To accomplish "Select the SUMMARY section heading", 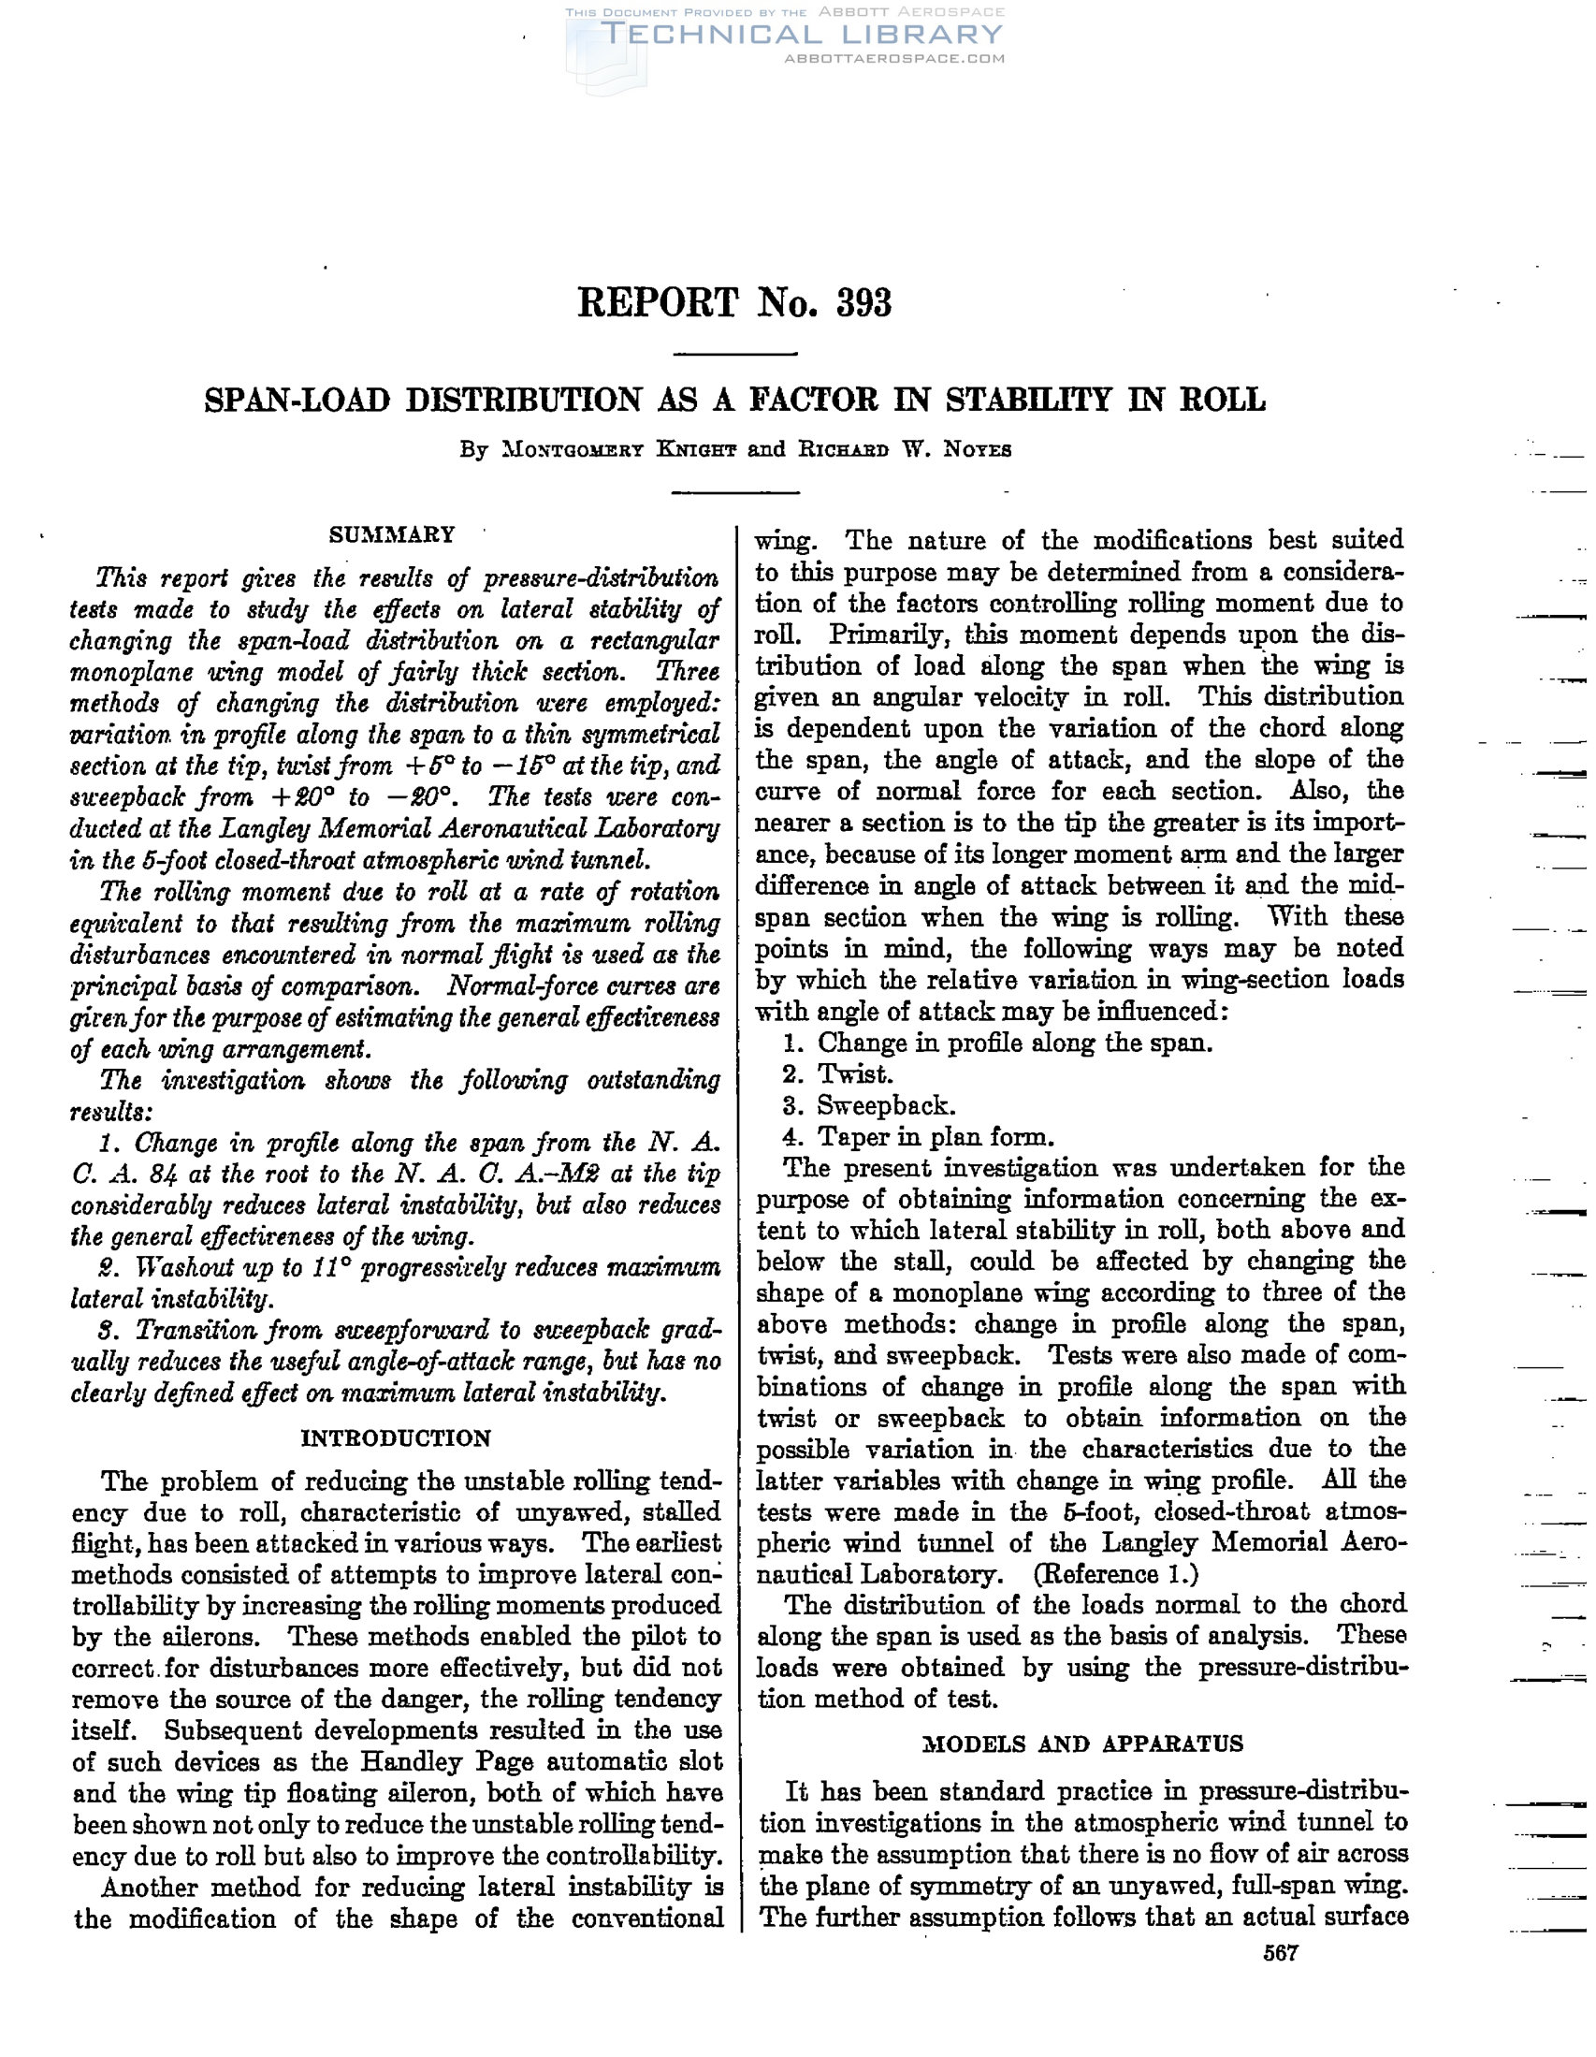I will (392, 535).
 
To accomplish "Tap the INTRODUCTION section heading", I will (396, 1438).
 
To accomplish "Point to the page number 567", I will (1281, 1953).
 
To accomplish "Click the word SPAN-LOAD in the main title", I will (297, 401).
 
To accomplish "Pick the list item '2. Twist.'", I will (837, 1073).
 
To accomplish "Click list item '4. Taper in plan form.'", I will (918, 1137).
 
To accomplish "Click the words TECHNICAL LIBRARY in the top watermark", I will (801, 35).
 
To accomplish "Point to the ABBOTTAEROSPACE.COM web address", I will (894, 58).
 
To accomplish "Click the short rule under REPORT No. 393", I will (736, 353).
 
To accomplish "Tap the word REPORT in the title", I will (659, 303).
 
